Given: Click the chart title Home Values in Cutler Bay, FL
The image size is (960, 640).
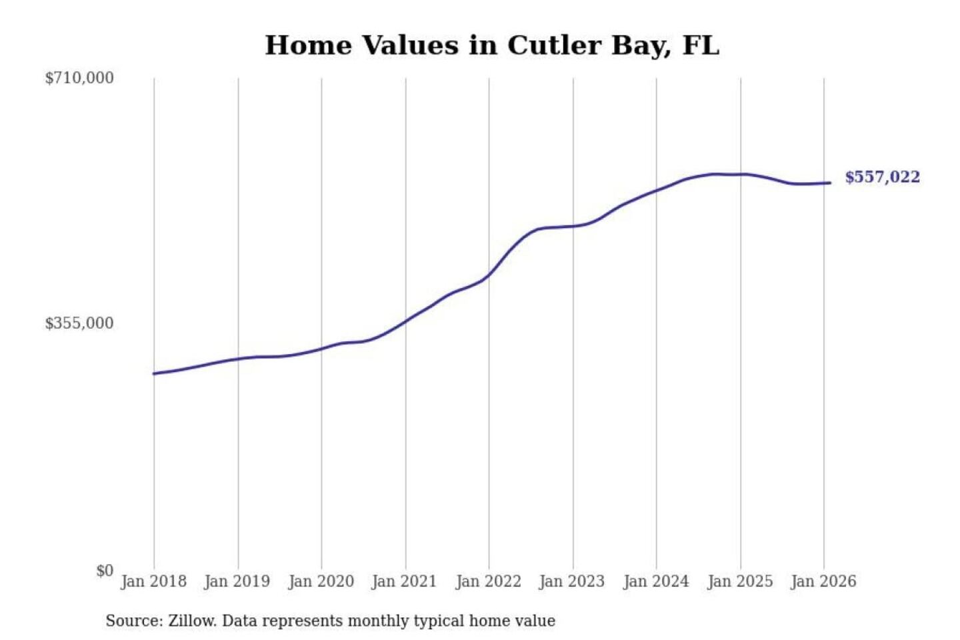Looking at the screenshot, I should [x=492, y=45].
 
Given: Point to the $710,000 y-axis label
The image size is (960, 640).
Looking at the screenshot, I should [x=79, y=78].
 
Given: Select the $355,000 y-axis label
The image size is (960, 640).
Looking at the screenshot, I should [x=79, y=323].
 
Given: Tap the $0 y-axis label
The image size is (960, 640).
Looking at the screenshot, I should [x=105, y=571].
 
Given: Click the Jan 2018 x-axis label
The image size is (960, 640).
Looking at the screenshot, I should [x=153, y=581].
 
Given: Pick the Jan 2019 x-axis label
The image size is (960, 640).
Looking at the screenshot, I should [x=237, y=581].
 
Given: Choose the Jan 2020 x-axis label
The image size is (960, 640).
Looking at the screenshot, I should [x=321, y=581].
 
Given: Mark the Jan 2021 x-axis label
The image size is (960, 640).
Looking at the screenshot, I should [x=404, y=581].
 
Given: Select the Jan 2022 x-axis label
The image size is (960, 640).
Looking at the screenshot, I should [x=488, y=581].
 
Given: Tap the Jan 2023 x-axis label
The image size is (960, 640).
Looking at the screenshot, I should [x=571, y=581].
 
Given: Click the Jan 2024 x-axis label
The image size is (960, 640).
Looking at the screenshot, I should [x=655, y=581].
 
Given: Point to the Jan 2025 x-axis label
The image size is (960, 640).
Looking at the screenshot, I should [x=739, y=581].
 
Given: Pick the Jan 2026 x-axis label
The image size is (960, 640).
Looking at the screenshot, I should [x=823, y=581].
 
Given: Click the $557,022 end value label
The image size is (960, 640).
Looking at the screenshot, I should [x=882, y=177].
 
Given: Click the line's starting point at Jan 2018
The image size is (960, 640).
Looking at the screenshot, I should [x=155, y=373].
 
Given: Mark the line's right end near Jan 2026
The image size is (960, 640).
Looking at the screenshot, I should [x=830, y=183].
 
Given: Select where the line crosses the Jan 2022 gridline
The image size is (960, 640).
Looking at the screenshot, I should [x=489, y=275].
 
